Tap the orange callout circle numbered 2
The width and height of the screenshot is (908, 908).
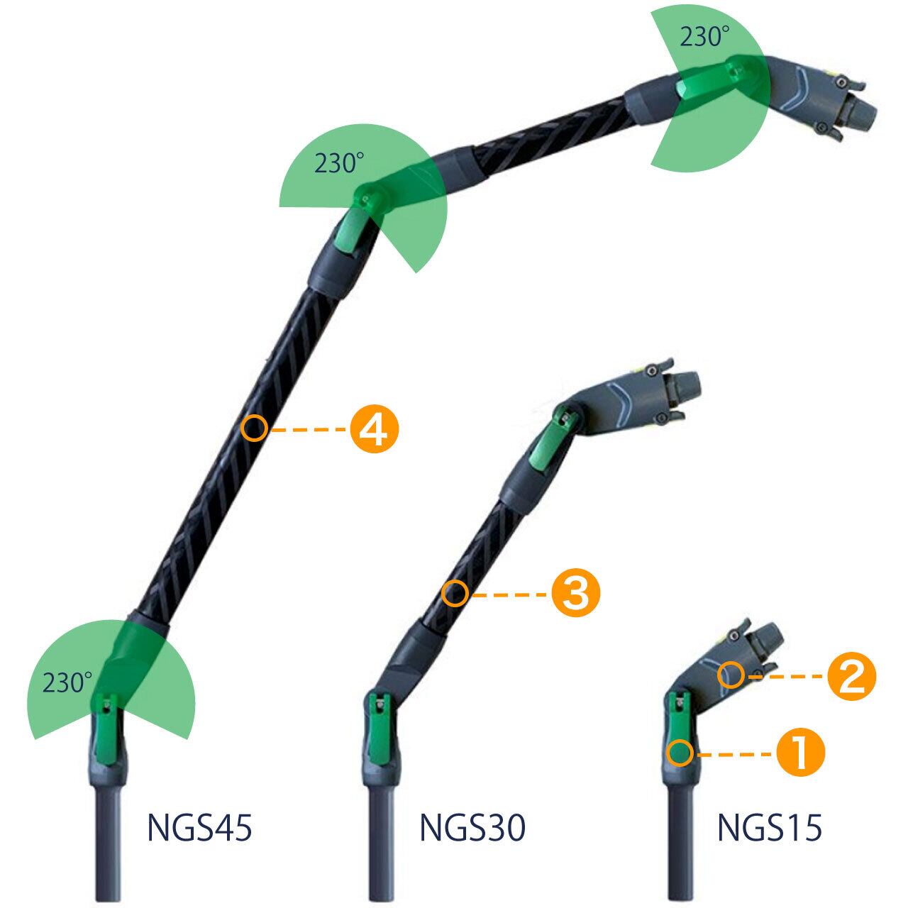pyautogui.click(x=852, y=675)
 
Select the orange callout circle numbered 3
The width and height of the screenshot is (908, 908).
pyautogui.click(x=576, y=593)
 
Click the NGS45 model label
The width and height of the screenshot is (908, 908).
pyautogui.click(x=200, y=828)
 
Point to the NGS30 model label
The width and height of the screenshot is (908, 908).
pyautogui.click(x=472, y=828)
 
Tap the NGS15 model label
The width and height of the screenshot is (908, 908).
pyautogui.click(x=770, y=828)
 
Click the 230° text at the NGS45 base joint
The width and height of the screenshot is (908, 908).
pyautogui.click(x=67, y=682)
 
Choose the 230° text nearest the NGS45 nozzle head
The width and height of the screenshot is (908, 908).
pyautogui.click(x=700, y=37)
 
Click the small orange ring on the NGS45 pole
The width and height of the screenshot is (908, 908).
pyautogui.click(x=254, y=428)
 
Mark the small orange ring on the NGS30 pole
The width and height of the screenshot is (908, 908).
pyautogui.click(x=455, y=593)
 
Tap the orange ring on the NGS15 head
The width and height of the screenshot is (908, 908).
pyautogui.click(x=730, y=675)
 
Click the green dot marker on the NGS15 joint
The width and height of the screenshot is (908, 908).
pyautogui.click(x=681, y=753)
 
